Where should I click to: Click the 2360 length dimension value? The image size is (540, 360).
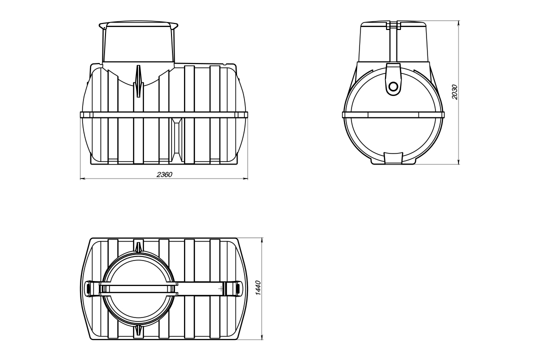pos(164,174)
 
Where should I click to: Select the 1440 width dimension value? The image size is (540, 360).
pos(258,288)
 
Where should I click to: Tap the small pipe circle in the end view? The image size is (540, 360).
pos(393,86)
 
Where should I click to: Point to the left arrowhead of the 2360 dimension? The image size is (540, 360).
pos(82,179)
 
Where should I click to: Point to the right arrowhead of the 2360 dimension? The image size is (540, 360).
pos(245,179)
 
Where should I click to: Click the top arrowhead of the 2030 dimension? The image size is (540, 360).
pos(459,23)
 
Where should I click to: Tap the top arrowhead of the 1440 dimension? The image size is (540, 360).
pos(262,240)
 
